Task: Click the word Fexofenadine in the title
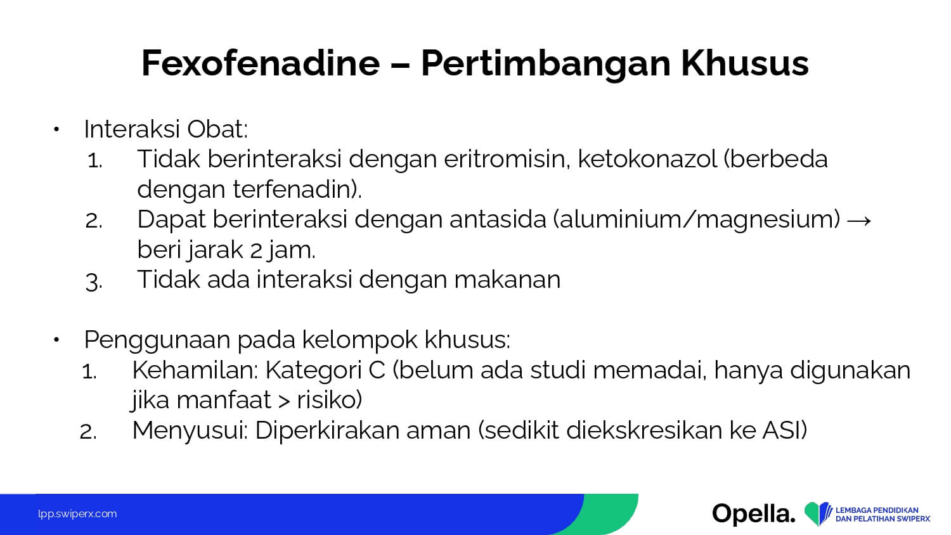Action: pos(261,63)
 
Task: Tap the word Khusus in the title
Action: pos(745,63)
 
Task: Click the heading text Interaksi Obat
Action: pos(165,129)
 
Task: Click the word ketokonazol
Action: pos(648,159)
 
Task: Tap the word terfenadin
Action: pos(292,189)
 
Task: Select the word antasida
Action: pos(498,219)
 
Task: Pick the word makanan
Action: pos(507,280)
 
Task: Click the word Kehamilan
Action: pos(195,370)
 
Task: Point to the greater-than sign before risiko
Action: pos(284,401)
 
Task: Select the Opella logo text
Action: pos(754,513)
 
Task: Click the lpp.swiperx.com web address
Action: pos(77,514)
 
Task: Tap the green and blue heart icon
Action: pos(818,513)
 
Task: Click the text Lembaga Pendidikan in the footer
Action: pos(877,510)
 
